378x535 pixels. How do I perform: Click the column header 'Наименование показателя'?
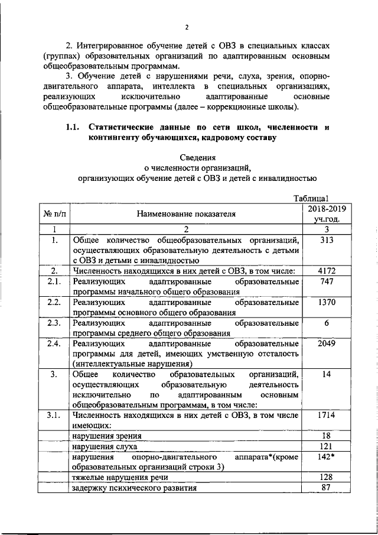[x=186, y=213]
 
